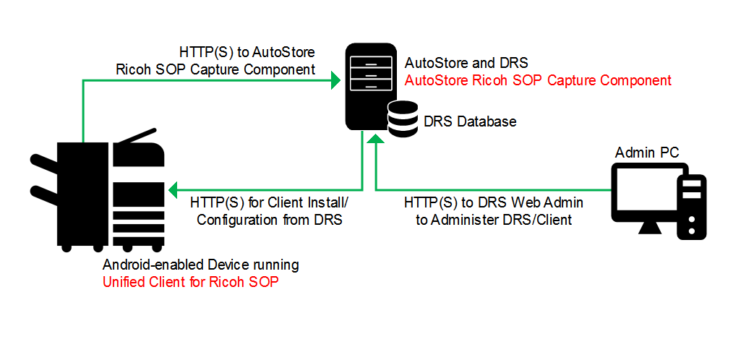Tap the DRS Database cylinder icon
pyautogui.click(x=402, y=119)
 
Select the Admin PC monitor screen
pyautogui.click(x=648, y=193)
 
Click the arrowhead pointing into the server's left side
pyautogui.click(x=337, y=80)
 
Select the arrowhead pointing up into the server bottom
pyautogui.click(x=376, y=140)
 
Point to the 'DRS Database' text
pyautogui.click(x=470, y=121)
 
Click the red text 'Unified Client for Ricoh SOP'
pyautogui.click(x=191, y=282)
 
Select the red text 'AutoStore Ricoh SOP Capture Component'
pyautogui.click(x=538, y=80)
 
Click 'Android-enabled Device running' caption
pyautogui.click(x=201, y=265)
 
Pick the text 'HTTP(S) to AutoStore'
pyautogui.click(x=247, y=52)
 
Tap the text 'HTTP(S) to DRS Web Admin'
pyautogui.click(x=494, y=202)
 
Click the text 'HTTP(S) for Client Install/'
pyautogui.click(x=269, y=202)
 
